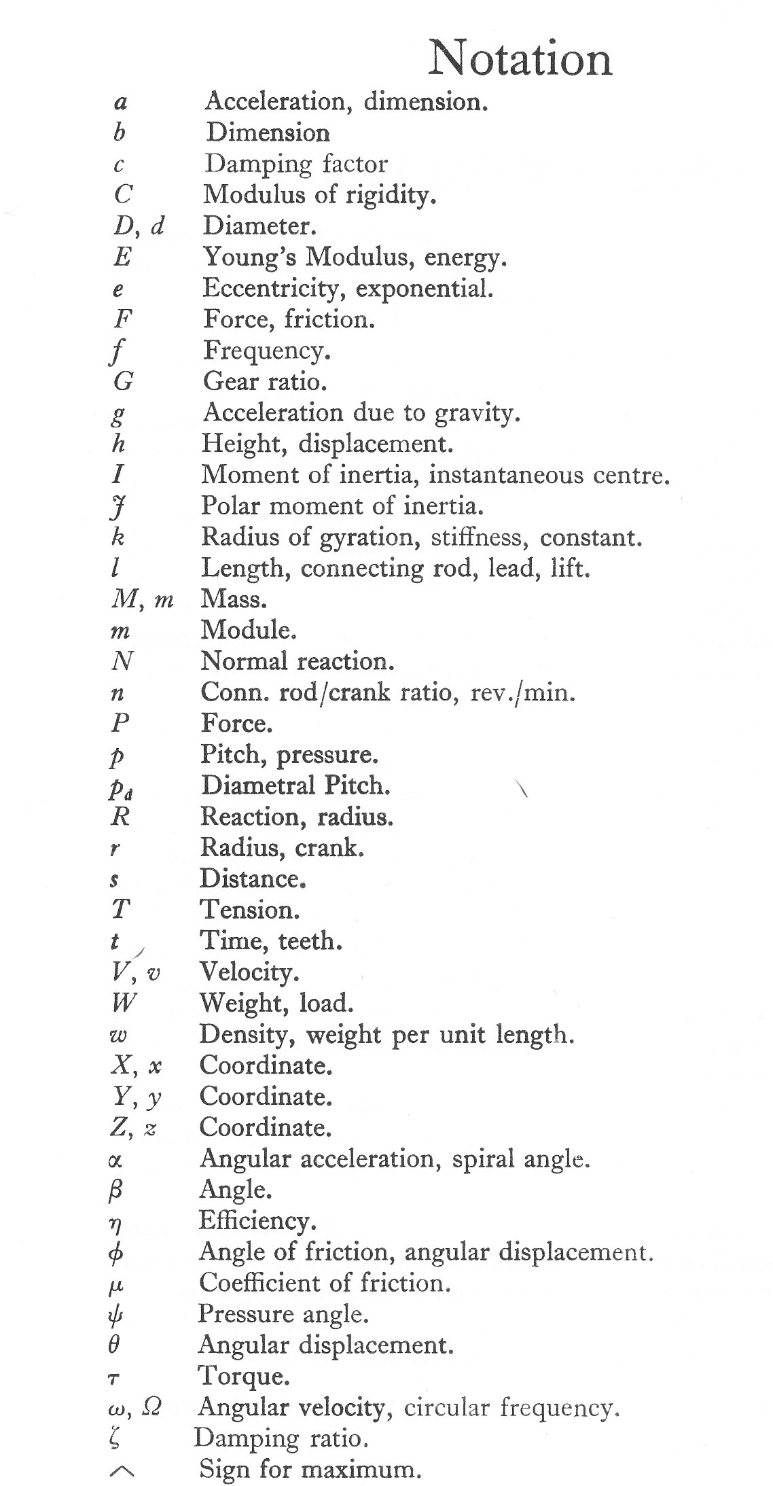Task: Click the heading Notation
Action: point(520,59)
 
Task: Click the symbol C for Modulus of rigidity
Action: point(123,195)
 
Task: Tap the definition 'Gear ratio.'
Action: point(265,381)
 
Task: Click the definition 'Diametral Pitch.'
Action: point(295,786)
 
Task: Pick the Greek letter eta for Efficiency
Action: point(115,1223)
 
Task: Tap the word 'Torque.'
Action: point(244,1377)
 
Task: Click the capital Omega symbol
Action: point(152,1407)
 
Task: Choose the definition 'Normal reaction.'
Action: point(297,661)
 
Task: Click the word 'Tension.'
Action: point(249,910)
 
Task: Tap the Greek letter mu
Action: point(115,1285)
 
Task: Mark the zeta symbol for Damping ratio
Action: point(114,1439)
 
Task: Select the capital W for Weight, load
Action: point(123,1003)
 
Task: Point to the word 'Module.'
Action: point(249,631)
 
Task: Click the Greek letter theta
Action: point(115,1345)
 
